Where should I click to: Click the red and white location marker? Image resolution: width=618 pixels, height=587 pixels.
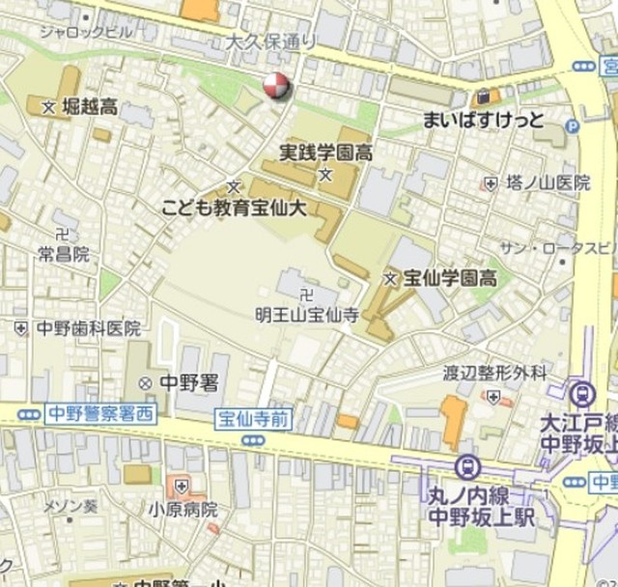pos(275,86)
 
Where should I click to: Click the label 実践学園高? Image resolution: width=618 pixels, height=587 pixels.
pos(326,152)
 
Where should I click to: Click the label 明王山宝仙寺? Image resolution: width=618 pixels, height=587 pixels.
pos(306,314)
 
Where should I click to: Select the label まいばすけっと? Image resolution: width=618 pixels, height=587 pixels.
pos(484,121)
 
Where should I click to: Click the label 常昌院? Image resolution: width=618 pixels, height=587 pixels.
pos(64,254)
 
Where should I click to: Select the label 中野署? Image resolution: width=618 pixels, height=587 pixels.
pos(187,382)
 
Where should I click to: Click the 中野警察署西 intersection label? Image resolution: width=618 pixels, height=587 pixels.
pos(99,414)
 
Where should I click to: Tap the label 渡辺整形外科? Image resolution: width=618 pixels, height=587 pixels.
pos(494,373)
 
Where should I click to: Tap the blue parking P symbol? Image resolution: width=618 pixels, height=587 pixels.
pos(572,126)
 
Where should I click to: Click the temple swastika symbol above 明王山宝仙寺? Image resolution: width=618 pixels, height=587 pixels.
pos(306,294)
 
